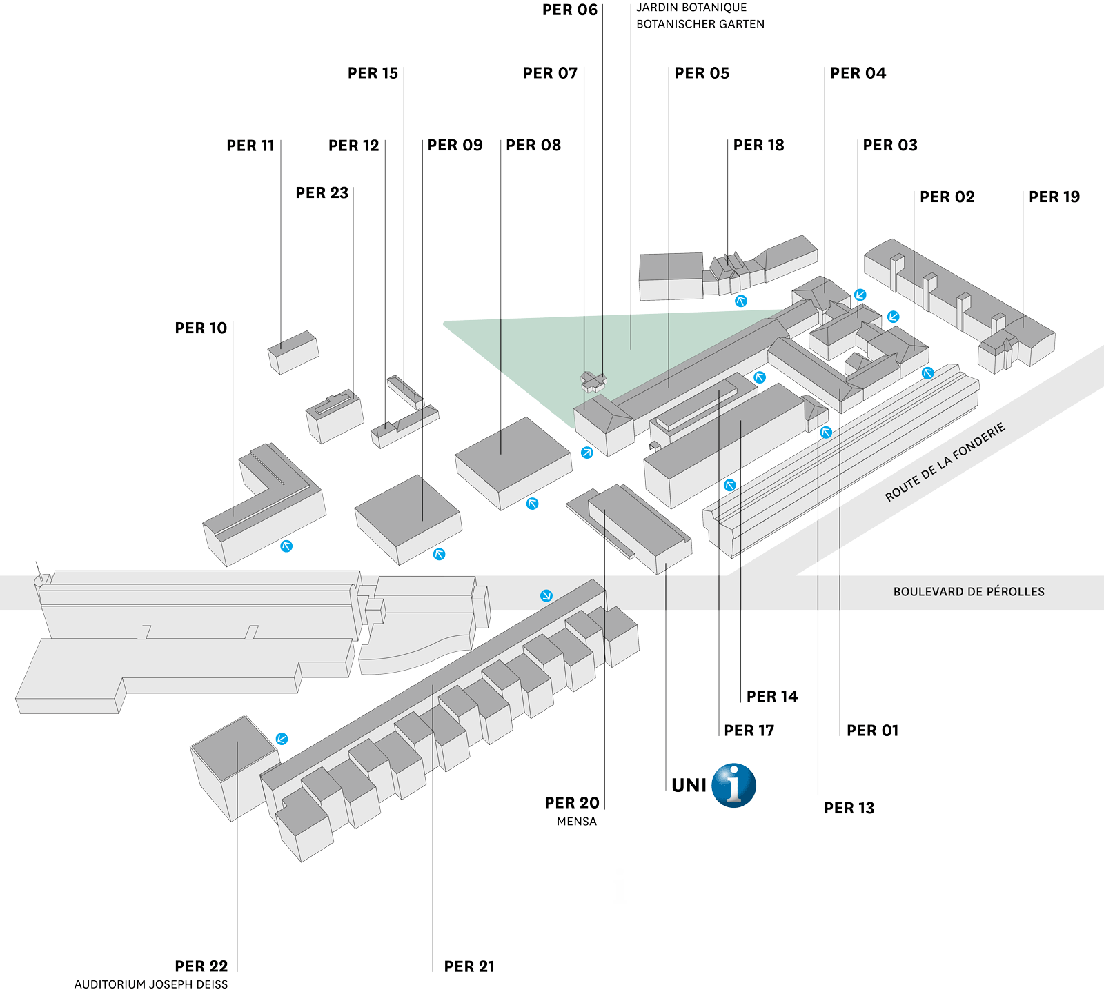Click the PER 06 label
click(x=569, y=10)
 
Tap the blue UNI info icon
click(x=733, y=786)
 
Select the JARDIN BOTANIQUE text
click(x=691, y=8)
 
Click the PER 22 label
click(x=201, y=966)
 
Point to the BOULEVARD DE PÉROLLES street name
click(x=968, y=592)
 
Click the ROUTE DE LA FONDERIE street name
click(x=945, y=462)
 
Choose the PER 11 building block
click(x=293, y=352)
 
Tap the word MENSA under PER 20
click(x=576, y=822)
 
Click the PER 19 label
click(x=1054, y=197)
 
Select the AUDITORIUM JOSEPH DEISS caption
click(x=151, y=984)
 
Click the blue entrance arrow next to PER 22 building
click(x=282, y=739)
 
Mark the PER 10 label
click(x=201, y=328)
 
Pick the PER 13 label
click(x=849, y=809)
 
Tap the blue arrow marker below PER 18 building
click(x=741, y=301)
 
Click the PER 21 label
click(x=469, y=966)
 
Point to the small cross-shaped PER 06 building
click(x=593, y=380)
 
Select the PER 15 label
click(x=373, y=73)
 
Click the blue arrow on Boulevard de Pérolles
click(x=546, y=595)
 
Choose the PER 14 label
click(x=772, y=697)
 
